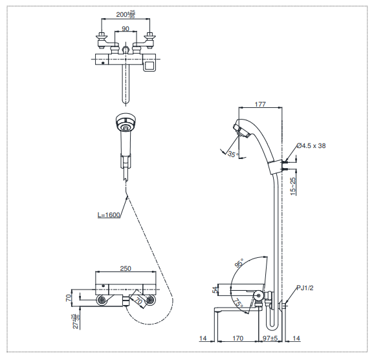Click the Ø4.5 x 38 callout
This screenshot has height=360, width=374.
(311, 146)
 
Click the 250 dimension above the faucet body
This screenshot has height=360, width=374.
(126, 270)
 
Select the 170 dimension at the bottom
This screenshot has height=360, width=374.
(237, 337)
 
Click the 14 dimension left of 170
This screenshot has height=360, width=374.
(203, 337)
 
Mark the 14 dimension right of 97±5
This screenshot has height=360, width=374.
(297, 337)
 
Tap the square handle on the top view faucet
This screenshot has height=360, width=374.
(150, 65)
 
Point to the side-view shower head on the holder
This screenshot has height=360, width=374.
(244, 131)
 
